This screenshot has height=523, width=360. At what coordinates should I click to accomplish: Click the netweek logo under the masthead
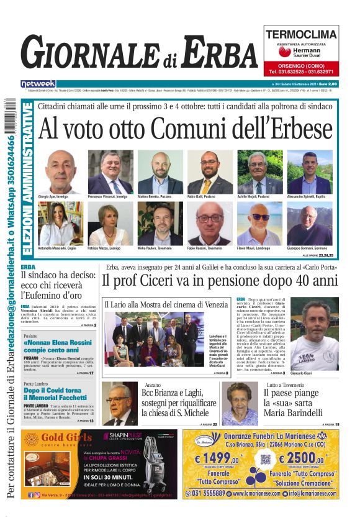(38, 84)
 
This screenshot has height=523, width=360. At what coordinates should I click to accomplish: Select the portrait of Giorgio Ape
(60, 171)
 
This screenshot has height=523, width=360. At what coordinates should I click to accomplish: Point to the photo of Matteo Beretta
(160, 171)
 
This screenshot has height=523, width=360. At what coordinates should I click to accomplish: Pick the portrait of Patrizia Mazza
(110, 223)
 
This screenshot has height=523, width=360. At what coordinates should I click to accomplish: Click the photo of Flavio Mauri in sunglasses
(259, 223)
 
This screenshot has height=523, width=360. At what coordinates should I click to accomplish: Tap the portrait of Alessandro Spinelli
(309, 171)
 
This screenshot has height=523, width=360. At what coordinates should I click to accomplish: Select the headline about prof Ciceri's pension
(220, 281)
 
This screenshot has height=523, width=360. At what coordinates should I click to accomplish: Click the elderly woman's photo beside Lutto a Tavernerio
(240, 403)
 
